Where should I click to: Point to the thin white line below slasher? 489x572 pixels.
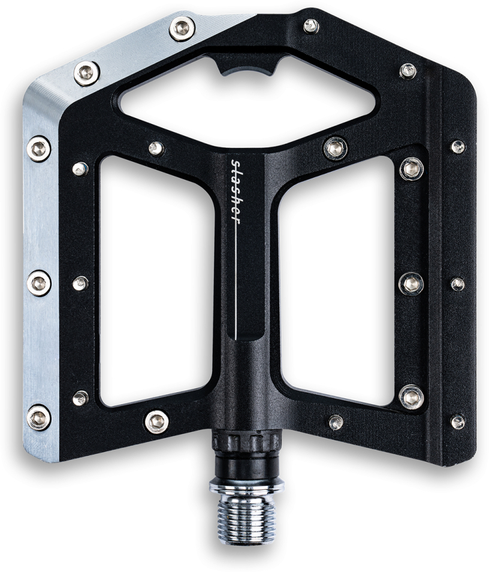(x=238, y=282)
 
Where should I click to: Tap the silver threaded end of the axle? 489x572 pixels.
(x=246, y=518)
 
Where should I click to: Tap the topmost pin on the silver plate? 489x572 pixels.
(x=182, y=28)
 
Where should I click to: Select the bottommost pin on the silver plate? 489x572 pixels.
(x=39, y=417)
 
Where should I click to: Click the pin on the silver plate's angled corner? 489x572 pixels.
(x=87, y=73)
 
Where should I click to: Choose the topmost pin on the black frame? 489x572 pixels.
(x=311, y=26)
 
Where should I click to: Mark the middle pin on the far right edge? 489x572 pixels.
(x=457, y=284)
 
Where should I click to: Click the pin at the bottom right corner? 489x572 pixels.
(x=457, y=422)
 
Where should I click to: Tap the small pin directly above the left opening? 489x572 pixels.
(x=156, y=149)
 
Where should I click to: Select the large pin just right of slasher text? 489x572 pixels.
(x=334, y=148)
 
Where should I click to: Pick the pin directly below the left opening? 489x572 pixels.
(x=156, y=422)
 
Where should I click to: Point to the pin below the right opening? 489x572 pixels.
(x=336, y=422)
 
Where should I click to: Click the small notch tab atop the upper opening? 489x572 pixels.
(x=246, y=66)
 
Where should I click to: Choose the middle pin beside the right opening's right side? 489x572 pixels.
(x=411, y=283)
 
